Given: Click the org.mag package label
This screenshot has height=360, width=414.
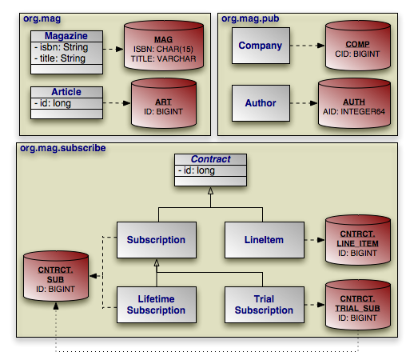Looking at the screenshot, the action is pyautogui.click(x=42, y=18).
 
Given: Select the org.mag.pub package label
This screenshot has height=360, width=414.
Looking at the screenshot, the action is pyautogui.click(x=250, y=18).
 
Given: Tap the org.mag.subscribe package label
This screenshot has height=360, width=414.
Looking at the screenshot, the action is pyautogui.click(x=63, y=148).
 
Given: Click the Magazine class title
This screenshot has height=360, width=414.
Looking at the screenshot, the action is pyautogui.click(x=66, y=36).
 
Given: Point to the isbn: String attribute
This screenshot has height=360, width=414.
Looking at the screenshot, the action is pyautogui.click(x=62, y=47).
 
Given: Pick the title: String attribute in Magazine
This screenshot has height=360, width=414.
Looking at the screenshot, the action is pyautogui.click(x=60, y=58).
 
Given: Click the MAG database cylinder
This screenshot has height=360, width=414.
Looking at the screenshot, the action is pyautogui.click(x=164, y=46).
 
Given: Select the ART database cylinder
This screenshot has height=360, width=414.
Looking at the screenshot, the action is pyautogui.click(x=164, y=103).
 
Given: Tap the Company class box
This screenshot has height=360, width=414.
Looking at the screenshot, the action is pyautogui.click(x=261, y=46).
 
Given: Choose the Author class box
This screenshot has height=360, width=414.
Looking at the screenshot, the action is pyautogui.click(x=261, y=103).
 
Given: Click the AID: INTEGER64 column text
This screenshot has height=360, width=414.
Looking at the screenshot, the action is pyautogui.click(x=354, y=111).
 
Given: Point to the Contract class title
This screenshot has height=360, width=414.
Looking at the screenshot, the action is pyautogui.click(x=210, y=159).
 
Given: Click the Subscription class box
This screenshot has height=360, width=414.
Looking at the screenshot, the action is pyautogui.click(x=157, y=240).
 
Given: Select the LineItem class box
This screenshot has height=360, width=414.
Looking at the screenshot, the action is pyautogui.click(x=265, y=240).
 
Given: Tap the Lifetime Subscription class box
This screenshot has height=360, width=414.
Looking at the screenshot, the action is pyautogui.click(x=157, y=305).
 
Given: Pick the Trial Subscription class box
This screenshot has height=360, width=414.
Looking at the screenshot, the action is pyautogui.click(x=265, y=305).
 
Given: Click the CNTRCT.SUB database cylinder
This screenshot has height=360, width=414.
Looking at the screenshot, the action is pyautogui.click(x=56, y=276).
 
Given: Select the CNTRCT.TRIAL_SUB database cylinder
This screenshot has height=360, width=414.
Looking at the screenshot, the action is pyautogui.click(x=358, y=305).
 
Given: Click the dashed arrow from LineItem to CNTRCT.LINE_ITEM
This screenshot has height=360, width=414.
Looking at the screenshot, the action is pyautogui.click(x=314, y=240).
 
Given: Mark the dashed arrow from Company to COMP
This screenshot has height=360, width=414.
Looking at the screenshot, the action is pyautogui.click(x=307, y=46).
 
